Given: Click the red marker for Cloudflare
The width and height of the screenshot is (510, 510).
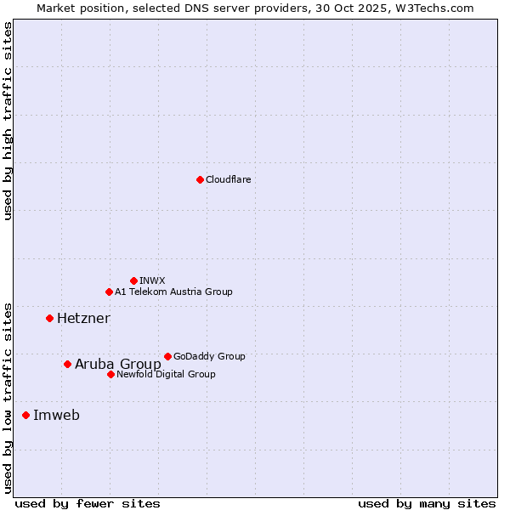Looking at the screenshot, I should pos(200,179).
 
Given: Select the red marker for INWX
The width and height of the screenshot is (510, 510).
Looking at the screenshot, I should pos(133,280).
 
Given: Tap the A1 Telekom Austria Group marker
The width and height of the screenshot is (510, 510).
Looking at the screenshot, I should pos(109,292).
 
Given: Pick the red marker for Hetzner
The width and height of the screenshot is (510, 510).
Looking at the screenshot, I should pos(49,318).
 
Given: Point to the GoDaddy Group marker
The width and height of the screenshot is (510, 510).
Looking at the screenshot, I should pos(167,356).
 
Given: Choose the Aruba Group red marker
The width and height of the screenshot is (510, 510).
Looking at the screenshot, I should pos(67,364).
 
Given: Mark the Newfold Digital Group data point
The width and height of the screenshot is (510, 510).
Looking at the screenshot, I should pos(110,374).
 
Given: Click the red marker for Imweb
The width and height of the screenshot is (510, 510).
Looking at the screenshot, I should pos(25,415).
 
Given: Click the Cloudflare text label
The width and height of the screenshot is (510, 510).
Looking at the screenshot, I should pos(229,179).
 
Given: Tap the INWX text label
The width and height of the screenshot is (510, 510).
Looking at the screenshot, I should pos(153,280).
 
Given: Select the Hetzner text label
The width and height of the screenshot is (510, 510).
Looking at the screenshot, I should pos(83,318).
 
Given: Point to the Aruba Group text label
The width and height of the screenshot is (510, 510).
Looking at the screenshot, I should pos(118,364).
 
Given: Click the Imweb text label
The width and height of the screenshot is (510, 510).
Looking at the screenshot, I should pos(56,415).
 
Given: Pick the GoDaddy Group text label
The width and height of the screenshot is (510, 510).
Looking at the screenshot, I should pos(209,356).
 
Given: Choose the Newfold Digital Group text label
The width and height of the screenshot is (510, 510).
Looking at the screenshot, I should pos(166,374).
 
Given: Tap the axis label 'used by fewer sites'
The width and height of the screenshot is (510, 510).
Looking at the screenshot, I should pos(88,503).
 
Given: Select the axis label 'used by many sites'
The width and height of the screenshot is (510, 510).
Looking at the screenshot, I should pos(427,503).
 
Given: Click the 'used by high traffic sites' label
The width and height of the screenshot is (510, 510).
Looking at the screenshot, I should pos(8,122).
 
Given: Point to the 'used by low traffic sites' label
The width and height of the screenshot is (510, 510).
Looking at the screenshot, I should pos(8,398).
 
